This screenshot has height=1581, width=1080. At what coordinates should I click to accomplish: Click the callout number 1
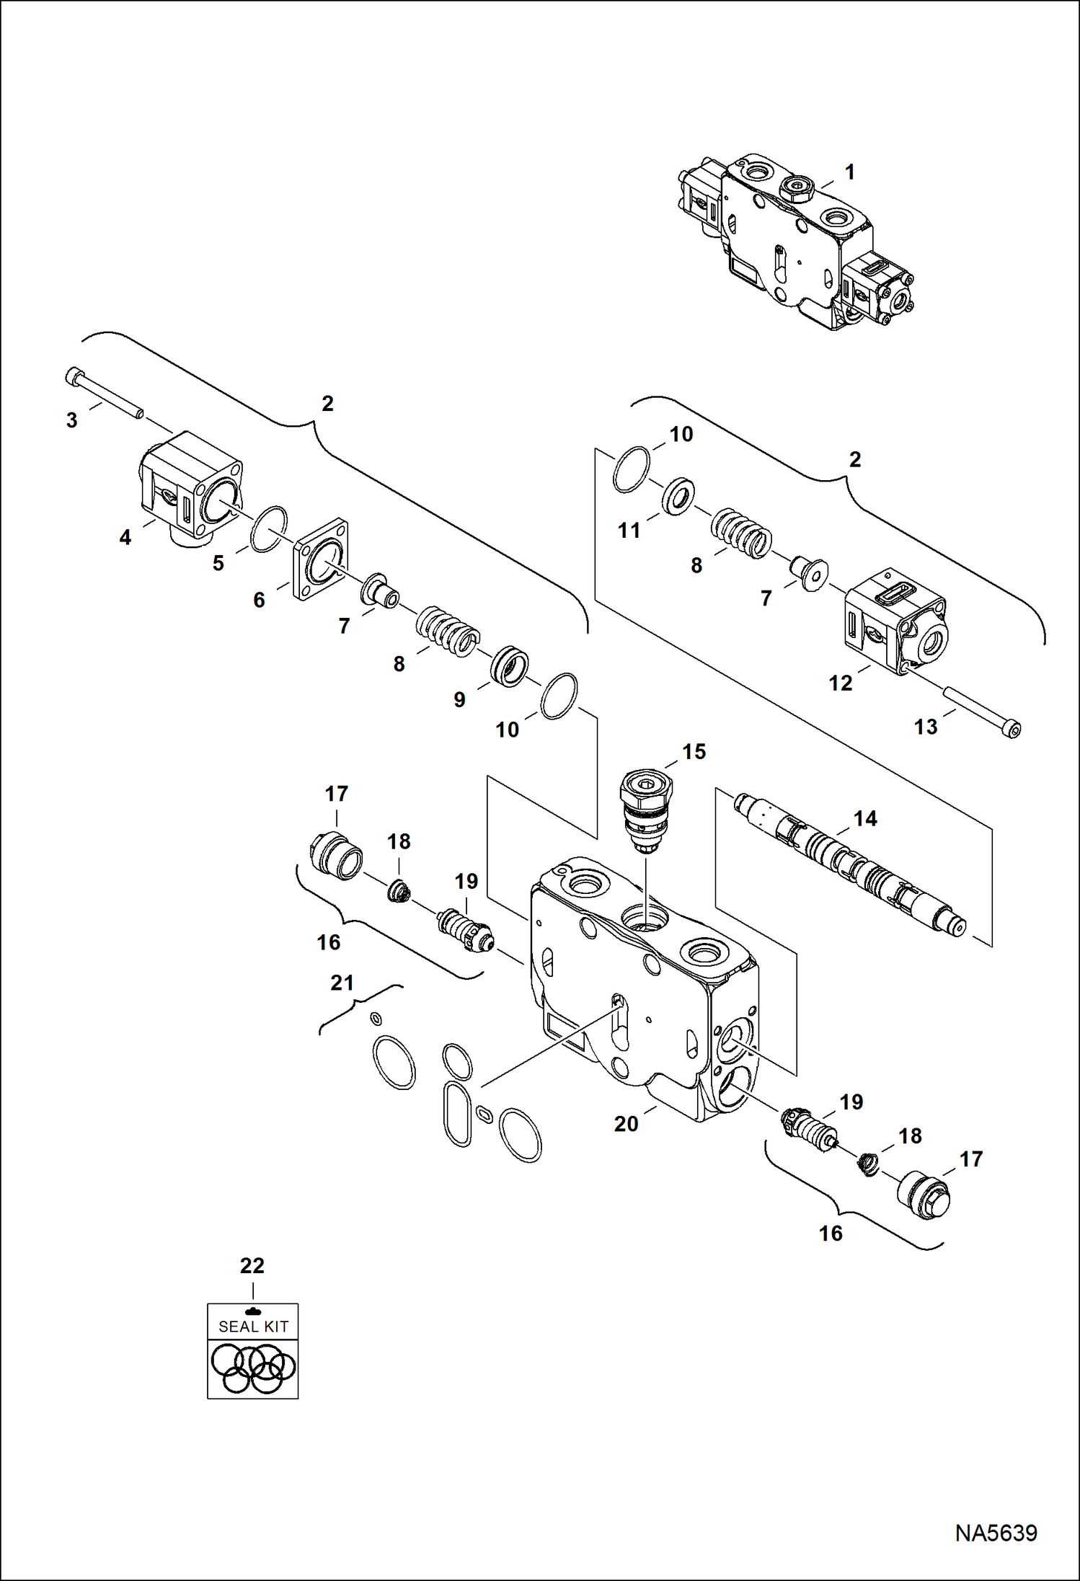click(x=849, y=172)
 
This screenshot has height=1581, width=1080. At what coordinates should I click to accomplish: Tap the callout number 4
click(x=125, y=537)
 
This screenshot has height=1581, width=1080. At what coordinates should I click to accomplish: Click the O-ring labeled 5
click(x=268, y=529)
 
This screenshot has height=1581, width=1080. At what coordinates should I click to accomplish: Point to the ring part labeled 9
click(x=510, y=667)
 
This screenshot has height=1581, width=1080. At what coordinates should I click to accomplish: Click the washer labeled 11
click(x=678, y=496)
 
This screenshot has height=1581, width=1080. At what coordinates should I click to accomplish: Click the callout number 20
click(x=626, y=1123)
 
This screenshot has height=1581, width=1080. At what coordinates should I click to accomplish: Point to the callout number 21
click(x=342, y=983)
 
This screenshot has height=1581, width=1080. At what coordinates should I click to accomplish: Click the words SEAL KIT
click(x=253, y=1326)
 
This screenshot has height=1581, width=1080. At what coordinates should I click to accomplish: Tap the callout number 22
click(x=252, y=1265)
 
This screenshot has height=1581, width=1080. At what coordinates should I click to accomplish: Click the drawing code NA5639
click(x=996, y=1532)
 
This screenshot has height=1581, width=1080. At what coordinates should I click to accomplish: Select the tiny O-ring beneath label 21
click(x=375, y=1017)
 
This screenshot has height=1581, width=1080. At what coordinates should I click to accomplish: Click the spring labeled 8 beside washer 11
click(x=742, y=534)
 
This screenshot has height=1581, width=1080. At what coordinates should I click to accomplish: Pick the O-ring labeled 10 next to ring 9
click(x=559, y=696)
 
